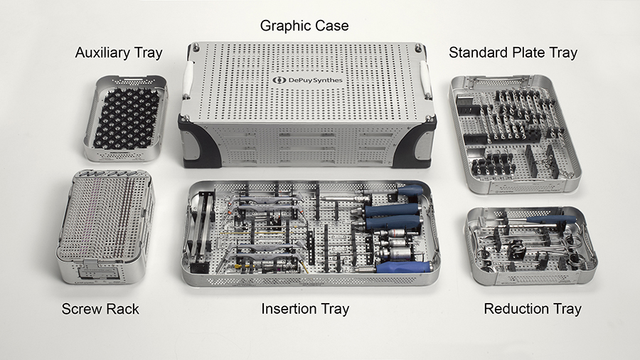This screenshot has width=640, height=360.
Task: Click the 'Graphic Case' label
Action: pyautogui.click(x=304, y=26)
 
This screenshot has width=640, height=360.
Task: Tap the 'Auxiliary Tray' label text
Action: pyautogui.click(x=119, y=53)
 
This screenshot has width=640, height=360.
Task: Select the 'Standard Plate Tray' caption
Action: pyautogui.click(x=513, y=53)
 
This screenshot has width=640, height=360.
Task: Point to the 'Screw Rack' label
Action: pyautogui.click(x=100, y=309)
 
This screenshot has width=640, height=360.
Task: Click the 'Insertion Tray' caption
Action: pyautogui.click(x=305, y=309)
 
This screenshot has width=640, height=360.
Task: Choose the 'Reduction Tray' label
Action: pyautogui.click(x=533, y=309)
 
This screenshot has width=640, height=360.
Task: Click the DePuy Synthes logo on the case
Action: pyautogui.click(x=308, y=80)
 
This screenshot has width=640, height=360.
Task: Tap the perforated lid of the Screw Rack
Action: pyautogui.click(x=105, y=216)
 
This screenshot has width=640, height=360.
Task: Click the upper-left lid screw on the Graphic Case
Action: pyautogui.click(x=197, y=47)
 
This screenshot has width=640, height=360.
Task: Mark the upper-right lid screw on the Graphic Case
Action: pyautogui.click(x=418, y=48)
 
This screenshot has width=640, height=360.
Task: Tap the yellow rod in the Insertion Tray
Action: pyautogui.click(x=241, y=233)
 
